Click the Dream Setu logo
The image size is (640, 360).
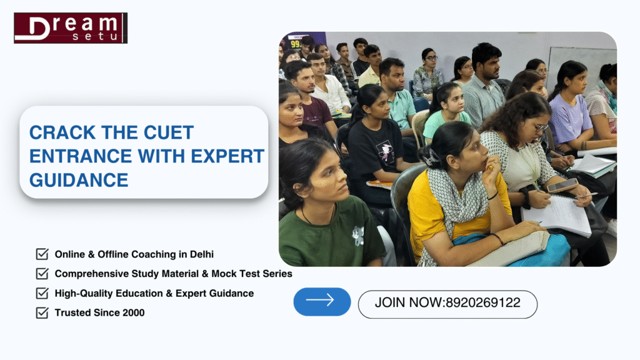(x=71, y=28)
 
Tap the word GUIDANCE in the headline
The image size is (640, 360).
(x=79, y=181)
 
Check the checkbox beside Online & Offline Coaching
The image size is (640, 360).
(x=42, y=254)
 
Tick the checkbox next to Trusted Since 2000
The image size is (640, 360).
(x=42, y=312)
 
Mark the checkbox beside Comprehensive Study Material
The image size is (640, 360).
(x=42, y=274)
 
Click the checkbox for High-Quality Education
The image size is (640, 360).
(x=42, y=293)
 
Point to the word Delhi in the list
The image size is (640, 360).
(x=201, y=254)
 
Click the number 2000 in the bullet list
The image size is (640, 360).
(x=132, y=312)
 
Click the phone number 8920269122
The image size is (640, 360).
(x=482, y=303)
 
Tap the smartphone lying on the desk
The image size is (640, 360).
(x=562, y=186)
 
